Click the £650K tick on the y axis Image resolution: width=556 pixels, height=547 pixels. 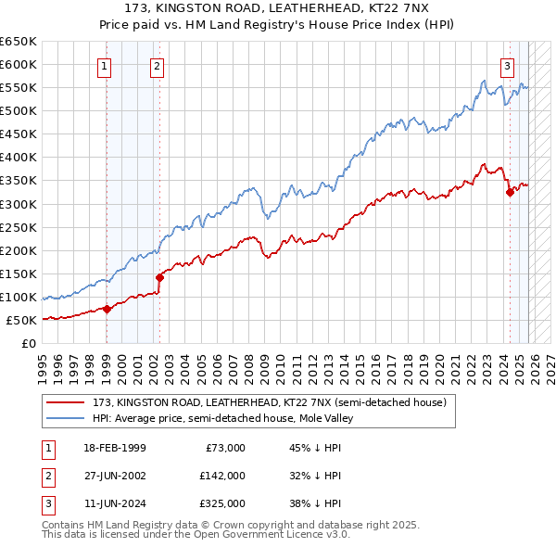tap(19, 42)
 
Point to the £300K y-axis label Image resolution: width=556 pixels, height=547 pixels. tap(19, 204)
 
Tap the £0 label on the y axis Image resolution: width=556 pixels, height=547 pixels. tap(30, 344)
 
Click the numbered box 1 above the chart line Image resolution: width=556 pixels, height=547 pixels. tap(105, 66)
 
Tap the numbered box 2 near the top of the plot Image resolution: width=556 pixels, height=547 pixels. tap(158, 66)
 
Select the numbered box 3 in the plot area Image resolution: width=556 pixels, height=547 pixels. tap(508, 66)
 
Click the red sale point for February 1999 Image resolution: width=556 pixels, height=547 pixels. tap(107, 310)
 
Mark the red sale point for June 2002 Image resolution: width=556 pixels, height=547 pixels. tap(160, 277)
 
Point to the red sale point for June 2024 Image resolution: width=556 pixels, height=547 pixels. tap(510, 192)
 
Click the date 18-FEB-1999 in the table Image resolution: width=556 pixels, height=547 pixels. tap(115, 448)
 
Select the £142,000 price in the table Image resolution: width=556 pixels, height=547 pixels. tap(221, 476)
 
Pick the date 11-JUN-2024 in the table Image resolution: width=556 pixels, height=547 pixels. tap(115, 503)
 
